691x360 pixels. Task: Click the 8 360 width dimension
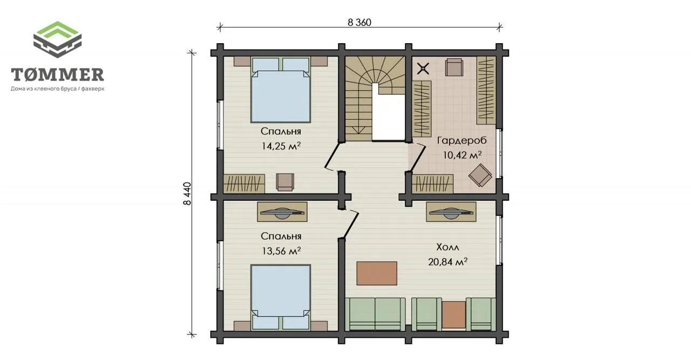coord(360,23)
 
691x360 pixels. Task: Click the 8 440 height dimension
coord(187,194)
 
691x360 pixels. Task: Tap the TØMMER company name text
coord(57,74)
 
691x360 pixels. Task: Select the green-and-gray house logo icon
coord(57,39)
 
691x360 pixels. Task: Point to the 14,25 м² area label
coord(281,146)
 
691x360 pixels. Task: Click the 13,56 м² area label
coord(281,251)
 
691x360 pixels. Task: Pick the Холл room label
coord(448,247)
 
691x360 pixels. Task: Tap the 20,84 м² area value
coord(448,262)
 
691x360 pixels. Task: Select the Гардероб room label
coord(462,140)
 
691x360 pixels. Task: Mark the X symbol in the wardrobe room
coord(423,69)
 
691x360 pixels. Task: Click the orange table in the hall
coord(377,273)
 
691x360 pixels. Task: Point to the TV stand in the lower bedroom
coord(282,212)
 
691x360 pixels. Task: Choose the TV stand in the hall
coord(451,212)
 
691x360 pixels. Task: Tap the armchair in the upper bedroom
coord(285,182)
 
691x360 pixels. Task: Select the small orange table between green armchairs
coord(454,315)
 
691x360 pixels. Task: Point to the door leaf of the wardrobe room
coord(418,158)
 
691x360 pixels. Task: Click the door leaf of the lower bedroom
coord(351,225)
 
